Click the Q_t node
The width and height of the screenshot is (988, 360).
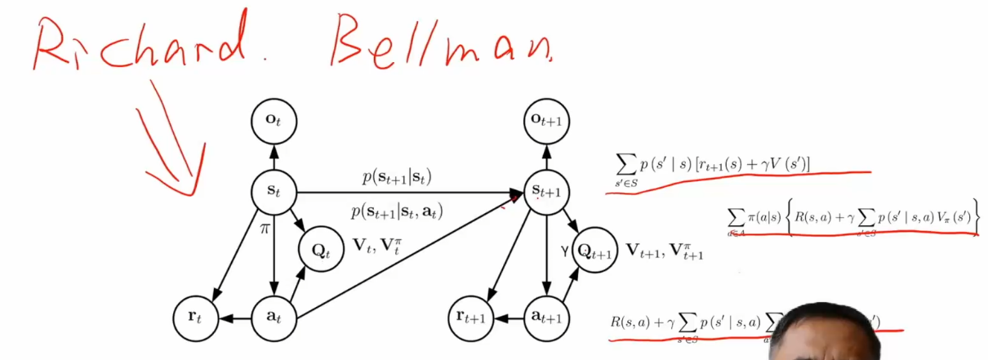323,250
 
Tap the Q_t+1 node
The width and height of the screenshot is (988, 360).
596,250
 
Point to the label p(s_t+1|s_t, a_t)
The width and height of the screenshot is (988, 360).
398,212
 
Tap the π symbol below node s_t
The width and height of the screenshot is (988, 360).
265,229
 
